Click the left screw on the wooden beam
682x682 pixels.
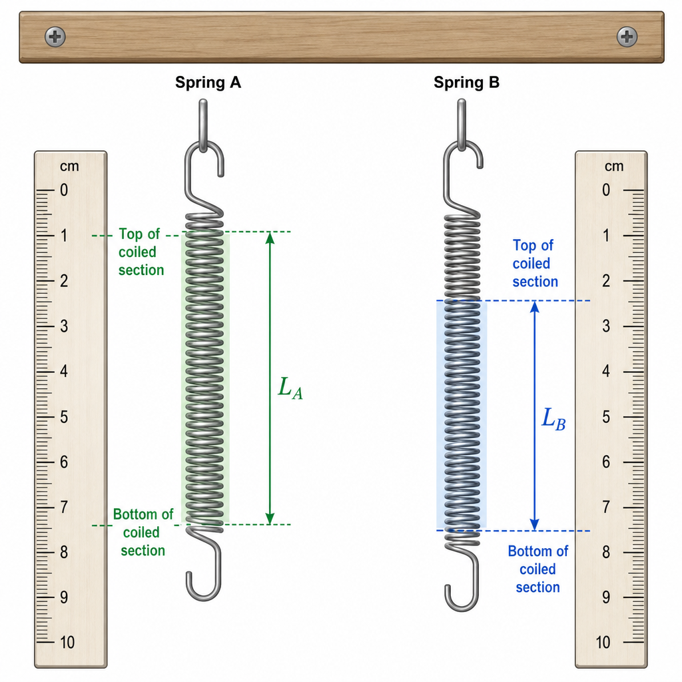coord(55,37)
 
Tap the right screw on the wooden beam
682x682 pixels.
coord(627,37)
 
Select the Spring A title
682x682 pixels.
coord(208,82)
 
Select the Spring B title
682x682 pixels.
coord(466,82)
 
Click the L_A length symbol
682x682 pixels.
coord(290,388)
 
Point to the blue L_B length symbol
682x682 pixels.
coord(553,419)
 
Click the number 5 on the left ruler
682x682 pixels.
coord(64,417)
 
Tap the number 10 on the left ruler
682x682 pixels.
coord(67,642)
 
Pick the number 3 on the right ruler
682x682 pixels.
coord(606,326)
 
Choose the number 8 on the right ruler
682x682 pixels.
coord(606,552)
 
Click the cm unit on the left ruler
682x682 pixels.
coord(69,166)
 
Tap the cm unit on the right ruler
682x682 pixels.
coord(613,166)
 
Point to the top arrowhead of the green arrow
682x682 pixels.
coord(270,238)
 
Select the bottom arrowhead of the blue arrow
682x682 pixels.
coord(535,525)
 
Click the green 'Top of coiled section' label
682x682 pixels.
coord(141,252)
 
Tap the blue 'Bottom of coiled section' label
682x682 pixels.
coord(538,569)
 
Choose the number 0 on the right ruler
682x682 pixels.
coord(606,190)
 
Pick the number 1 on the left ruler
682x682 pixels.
coord(64,236)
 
